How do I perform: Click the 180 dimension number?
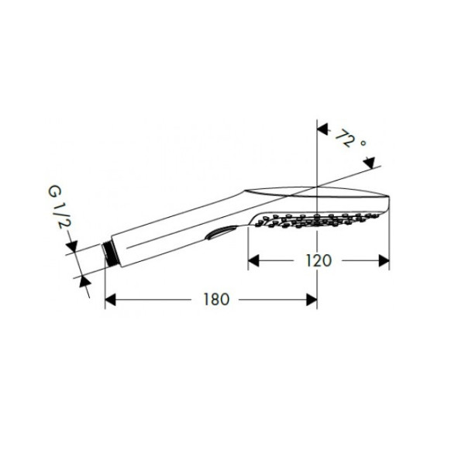pyautogui.click(x=216, y=299)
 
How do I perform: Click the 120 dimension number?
pyautogui.click(x=319, y=261)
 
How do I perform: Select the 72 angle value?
pyautogui.click(x=345, y=138)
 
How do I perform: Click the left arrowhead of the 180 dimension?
pyautogui.click(x=110, y=300)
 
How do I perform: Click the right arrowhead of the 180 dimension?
pyautogui.click(x=312, y=300)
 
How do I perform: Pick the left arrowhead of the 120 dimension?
pyautogui.click(x=253, y=261)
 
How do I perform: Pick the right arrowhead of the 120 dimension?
pyautogui.click(x=384, y=261)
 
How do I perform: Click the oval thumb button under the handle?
pyautogui.click(x=220, y=232)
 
